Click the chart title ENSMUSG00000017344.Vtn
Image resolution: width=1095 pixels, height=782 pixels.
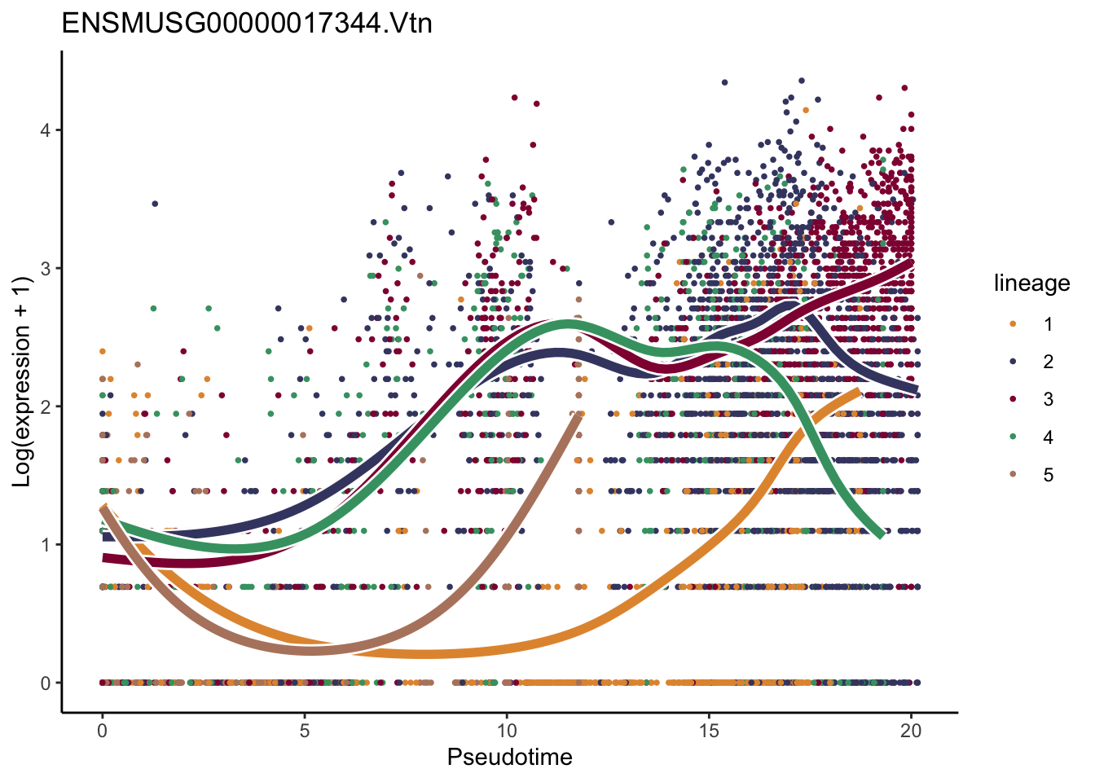(247, 24)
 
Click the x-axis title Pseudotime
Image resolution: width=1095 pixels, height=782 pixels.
(509, 758)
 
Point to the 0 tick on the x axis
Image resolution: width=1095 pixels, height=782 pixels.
(103, 731)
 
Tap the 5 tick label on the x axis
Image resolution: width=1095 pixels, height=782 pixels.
(305, 731)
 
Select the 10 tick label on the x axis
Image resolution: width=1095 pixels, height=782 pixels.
(507, 731)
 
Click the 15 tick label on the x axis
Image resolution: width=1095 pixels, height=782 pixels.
(709, 731)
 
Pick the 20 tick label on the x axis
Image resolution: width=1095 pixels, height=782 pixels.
(911, 731)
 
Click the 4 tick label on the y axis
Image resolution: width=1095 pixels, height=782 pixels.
(46, 130)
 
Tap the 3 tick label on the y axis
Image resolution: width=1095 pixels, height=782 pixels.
(46, 269)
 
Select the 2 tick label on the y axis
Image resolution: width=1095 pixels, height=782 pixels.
(46, 406)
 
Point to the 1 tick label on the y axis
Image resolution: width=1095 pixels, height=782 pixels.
(46, 545)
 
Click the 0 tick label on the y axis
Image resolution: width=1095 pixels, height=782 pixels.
(46, 683)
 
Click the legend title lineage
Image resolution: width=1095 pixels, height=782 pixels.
(1031, 283)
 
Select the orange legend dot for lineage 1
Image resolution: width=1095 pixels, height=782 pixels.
(1013, 324)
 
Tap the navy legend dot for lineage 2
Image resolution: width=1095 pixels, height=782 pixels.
(1013, 362)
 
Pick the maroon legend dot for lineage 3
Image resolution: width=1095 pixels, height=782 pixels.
(1013, 399)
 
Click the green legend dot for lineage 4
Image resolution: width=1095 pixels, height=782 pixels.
(1013, 437)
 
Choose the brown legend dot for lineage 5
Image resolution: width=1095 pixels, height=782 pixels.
(1013, 475)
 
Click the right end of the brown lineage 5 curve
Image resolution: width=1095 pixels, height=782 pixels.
(578, 415)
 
